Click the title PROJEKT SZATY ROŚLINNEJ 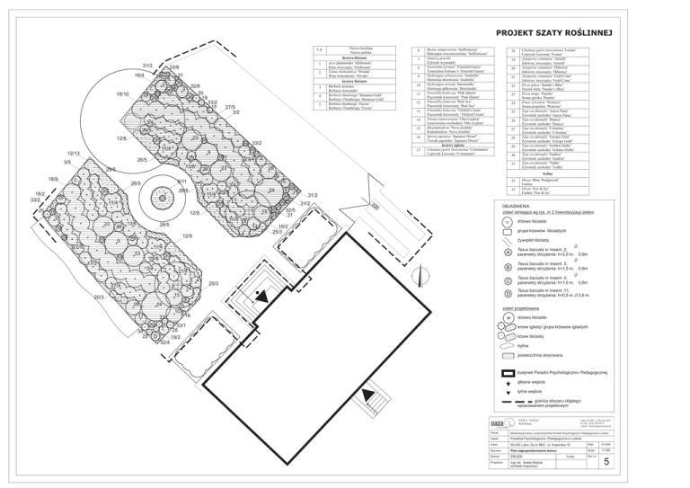554,33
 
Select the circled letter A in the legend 509,254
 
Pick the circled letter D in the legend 509,293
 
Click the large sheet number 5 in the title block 607,462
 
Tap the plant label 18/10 123,93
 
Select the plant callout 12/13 75,154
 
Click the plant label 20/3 100,296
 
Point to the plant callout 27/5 230,107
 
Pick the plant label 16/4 140,75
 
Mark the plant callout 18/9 54,180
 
